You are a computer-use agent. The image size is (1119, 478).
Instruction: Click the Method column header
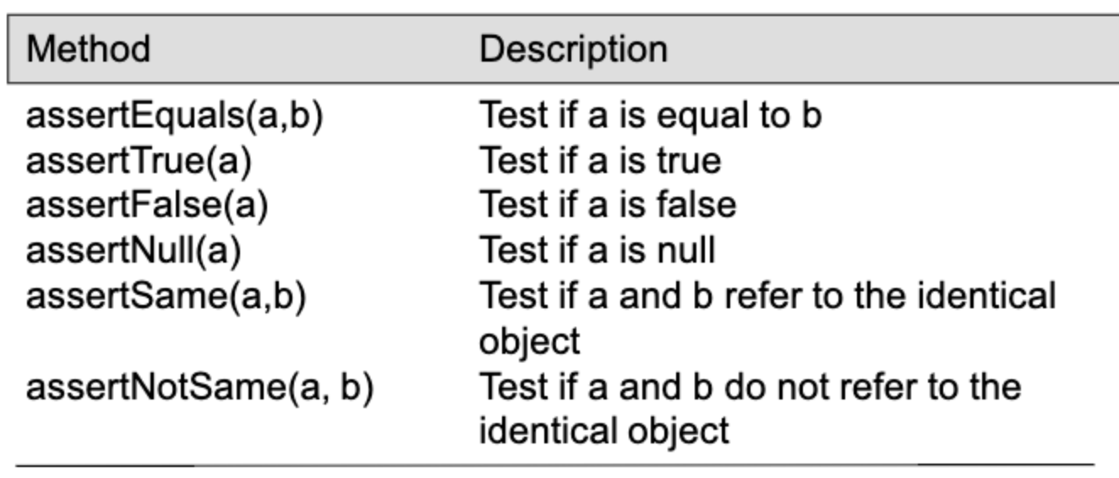click(x=88, y=49)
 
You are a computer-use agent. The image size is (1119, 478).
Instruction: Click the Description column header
click(x=573, y=49)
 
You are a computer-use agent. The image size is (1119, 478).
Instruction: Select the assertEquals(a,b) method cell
click(x=174, y=116)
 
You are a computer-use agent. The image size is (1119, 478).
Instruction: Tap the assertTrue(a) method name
click(x=139, y=160)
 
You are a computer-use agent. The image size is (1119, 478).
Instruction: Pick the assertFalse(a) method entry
click(x=146, y=205)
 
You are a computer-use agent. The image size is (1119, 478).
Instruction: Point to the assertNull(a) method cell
click(x=134, y=251)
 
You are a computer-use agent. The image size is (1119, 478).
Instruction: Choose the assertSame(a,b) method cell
click(x=166, y=296)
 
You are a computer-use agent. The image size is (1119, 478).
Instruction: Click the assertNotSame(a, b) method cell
click(x=199, y=388)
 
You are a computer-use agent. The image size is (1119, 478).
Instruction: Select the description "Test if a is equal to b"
click(x=650, y=116)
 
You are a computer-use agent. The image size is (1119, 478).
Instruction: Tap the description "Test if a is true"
click(x=600, y=160)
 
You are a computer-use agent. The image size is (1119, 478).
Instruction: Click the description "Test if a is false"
click(x=608, y=205)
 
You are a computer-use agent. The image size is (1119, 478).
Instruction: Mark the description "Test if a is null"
click(x=597, y=251)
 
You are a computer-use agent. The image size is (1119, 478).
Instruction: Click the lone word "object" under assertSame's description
click(x=529, y=342)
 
